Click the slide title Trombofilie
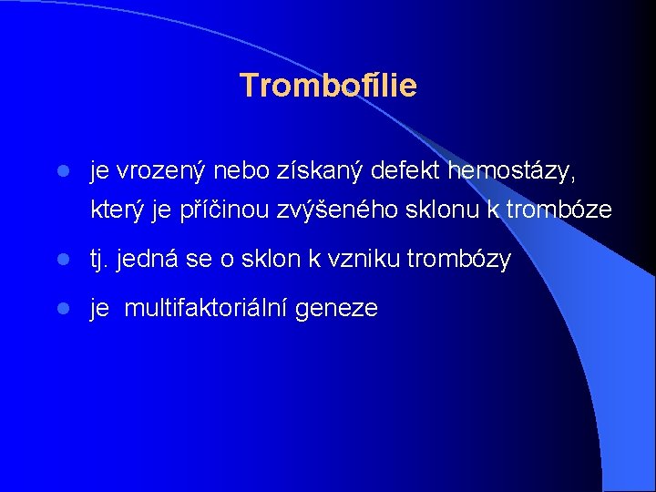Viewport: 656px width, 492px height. tap(328, 86)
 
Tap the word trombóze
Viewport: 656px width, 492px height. tap(559, 210)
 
